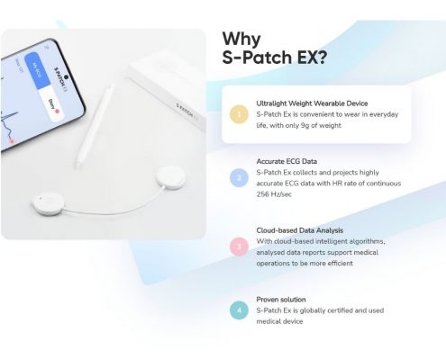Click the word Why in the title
241,39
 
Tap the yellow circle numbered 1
239,114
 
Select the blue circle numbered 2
239,178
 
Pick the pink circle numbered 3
239,247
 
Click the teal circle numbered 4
239,310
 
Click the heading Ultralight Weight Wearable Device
312,103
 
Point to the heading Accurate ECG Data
287,161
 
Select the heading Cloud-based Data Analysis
300,230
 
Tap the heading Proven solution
281,300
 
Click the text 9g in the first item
305,126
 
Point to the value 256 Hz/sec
274,194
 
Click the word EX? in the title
312,58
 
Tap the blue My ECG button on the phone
37,70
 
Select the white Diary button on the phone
51,104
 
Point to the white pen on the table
95,125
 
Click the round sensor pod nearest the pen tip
171,177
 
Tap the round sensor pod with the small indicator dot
48,203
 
